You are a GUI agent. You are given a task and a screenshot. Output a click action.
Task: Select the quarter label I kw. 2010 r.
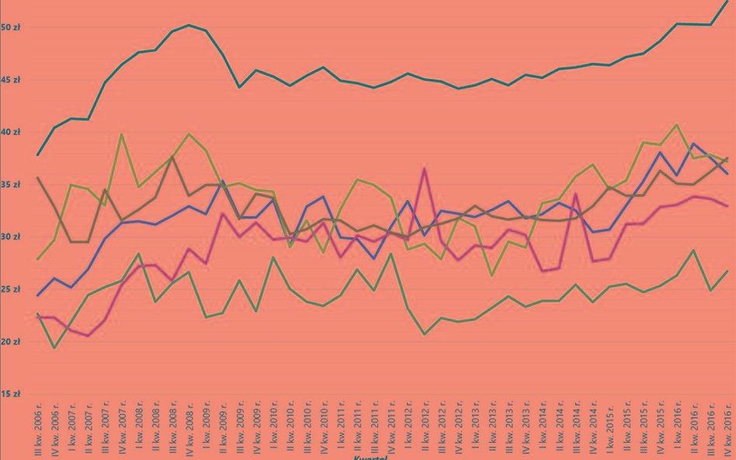(273, 431)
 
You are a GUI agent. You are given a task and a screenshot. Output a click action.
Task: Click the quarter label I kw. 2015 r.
(609, 431)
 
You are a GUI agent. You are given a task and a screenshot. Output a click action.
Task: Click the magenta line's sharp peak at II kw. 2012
(424, 168)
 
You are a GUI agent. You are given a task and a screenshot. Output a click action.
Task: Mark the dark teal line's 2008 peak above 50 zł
(189, 25)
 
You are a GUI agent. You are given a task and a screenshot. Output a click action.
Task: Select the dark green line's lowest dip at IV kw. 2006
(54, 348)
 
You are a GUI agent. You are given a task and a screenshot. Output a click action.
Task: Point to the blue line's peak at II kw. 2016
(693, 144)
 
